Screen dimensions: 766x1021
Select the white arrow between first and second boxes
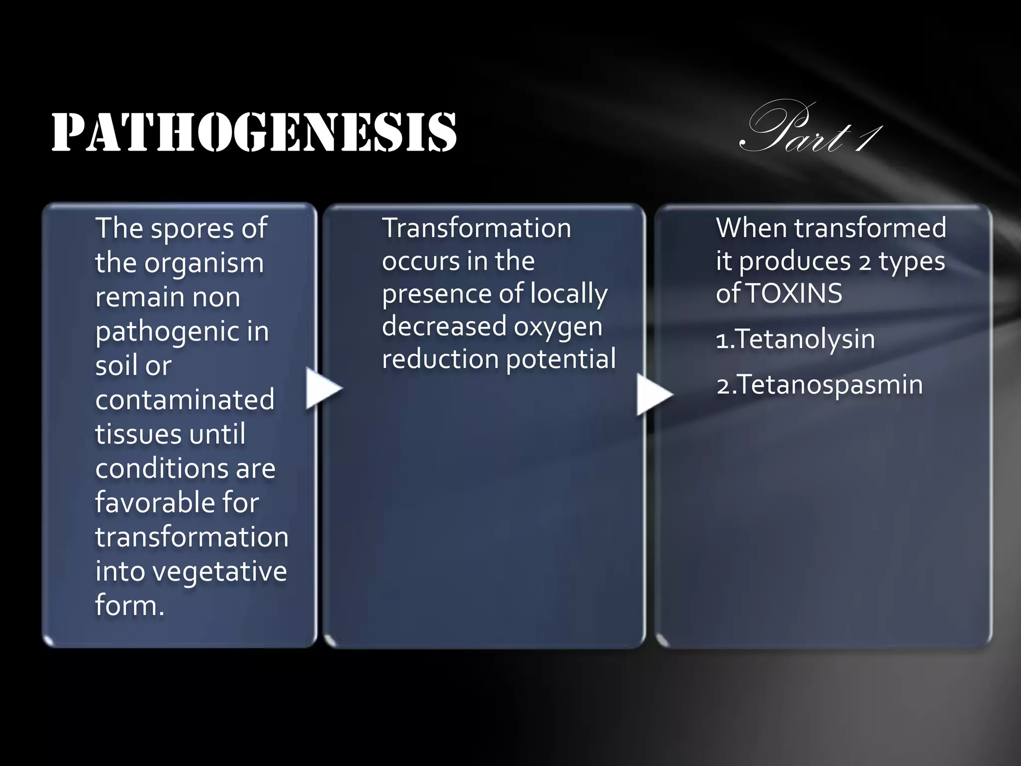[x=323, y=388]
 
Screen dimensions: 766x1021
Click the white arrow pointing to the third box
[x=654, y=394]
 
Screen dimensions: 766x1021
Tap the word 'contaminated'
[x=184, y=399]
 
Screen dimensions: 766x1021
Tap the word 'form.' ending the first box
[x=130, y=605]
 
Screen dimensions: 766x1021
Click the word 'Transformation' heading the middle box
[x=476, y=228]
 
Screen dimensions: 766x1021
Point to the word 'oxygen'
[x=558, y=326]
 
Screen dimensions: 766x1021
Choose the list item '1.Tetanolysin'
[x=795, y=339]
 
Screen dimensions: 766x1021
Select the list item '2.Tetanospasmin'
[x=819, y=385]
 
